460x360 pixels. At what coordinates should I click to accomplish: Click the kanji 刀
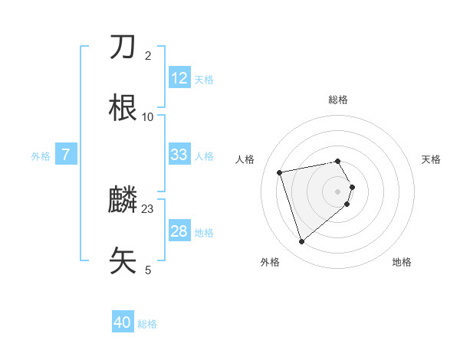[x=123, y=47]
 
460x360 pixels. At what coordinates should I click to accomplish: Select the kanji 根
[x=123, y=107]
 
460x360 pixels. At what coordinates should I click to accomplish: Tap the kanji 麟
[x=123, y=201]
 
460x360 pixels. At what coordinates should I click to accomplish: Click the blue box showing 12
[x=179, y=77]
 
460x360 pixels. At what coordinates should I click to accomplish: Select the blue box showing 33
[x=179, y=155]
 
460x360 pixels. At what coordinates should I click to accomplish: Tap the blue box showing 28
[x=179, y=231]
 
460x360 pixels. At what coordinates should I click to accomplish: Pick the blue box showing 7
[x=66, y=155]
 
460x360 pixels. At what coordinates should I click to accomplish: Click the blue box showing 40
[x=123, y=322]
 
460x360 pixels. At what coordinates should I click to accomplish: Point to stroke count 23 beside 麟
[x=148, y=209]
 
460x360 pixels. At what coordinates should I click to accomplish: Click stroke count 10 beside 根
[x=148, y=117]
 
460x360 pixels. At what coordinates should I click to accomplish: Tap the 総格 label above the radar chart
[x=338, y=100]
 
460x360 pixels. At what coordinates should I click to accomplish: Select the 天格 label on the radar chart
[x=431, y=159]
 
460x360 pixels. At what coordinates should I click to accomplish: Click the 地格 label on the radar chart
[x=402, y=262]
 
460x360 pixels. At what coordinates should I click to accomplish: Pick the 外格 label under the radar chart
[x=270, y=262]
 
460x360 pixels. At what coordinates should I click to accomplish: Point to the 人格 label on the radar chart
[x=245, y=159]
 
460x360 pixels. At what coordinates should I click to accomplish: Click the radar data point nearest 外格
[x=301, y=241]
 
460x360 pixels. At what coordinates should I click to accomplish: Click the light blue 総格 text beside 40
[x=147, y=324]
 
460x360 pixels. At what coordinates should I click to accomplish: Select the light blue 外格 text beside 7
[x=41, y=155]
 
